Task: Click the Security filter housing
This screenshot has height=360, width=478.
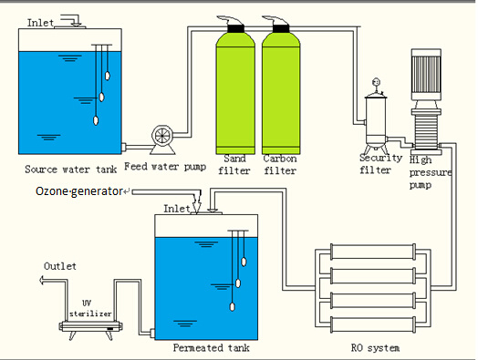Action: [374, 123]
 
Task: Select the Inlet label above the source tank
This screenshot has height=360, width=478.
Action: [39, 20]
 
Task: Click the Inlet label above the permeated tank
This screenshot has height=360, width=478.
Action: [176, 209]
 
